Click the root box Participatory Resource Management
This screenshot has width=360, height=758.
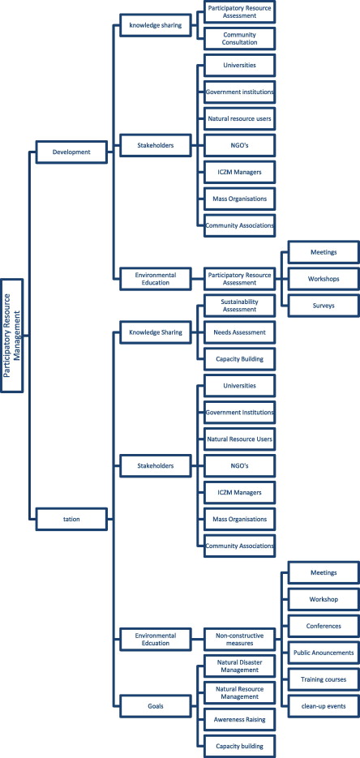click(11, 336)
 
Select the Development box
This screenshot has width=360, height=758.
click(71, 152)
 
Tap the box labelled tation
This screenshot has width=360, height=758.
click(71, 519)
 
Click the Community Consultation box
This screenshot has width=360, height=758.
click(240, 39)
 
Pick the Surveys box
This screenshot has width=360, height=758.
click(324, 306)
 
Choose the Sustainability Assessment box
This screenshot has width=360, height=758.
click(240, 306)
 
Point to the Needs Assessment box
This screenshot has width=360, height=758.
click(240, 332)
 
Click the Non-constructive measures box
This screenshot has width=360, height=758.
click(240, 640)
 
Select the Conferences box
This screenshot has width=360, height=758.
click(324, 626)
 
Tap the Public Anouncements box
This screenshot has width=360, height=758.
click(324, 653)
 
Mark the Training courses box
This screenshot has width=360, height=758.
click(324, 679)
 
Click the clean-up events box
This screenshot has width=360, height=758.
click(324, 706)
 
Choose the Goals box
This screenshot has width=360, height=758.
click(156, 706)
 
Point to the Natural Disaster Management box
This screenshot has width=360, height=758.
click(240, 666)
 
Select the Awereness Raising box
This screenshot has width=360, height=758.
click(240, 720)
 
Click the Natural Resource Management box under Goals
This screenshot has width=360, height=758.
click(240, 692)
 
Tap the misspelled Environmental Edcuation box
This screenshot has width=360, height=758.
click(156, 640)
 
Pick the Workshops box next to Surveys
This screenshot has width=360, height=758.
click(324, 279)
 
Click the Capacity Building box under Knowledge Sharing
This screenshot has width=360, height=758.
click(240, 359)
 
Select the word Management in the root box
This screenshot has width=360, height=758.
click(16, 336)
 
